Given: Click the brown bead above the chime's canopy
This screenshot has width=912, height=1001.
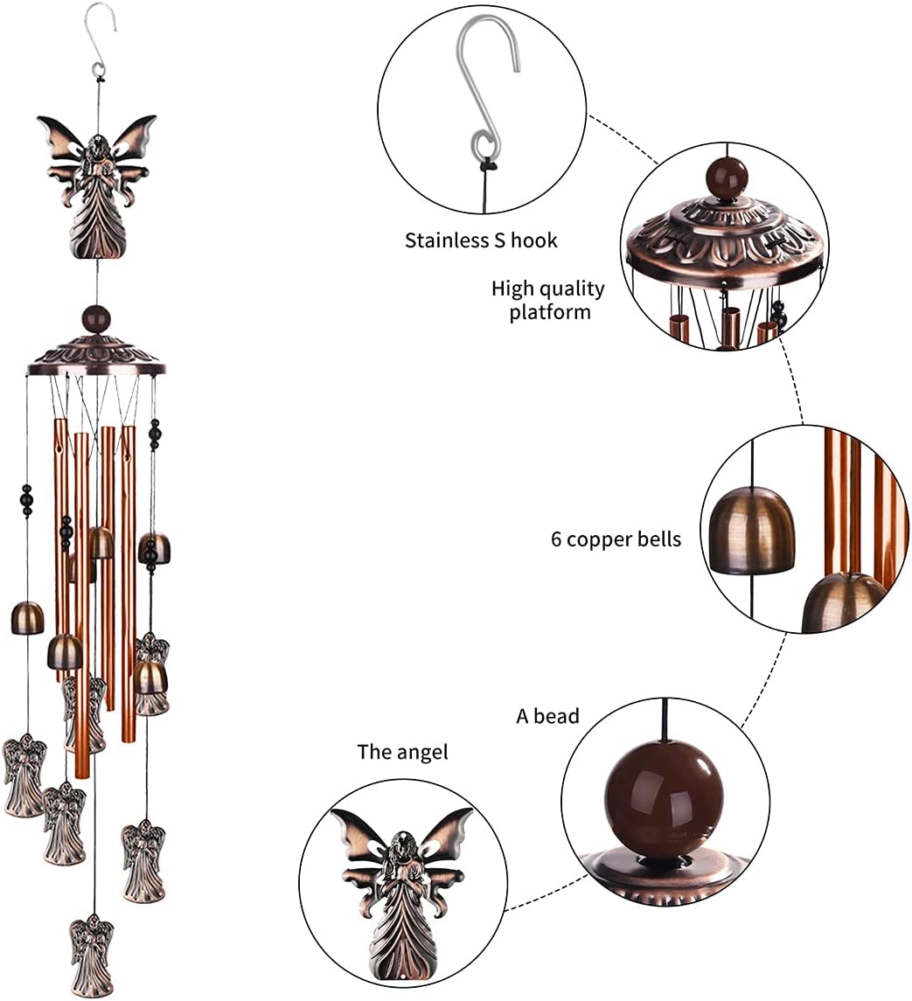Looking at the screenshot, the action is (96, 318).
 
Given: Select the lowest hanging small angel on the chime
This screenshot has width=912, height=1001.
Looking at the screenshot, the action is (92, 954).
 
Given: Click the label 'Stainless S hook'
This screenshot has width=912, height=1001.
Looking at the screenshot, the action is (480, 240).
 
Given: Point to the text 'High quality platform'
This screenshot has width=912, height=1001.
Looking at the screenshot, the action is (548, 300).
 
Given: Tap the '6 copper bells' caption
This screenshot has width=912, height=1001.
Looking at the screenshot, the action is (615, 539).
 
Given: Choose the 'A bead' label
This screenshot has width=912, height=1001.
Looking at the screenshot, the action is (547, 717).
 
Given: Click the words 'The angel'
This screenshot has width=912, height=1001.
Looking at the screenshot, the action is (402, 752).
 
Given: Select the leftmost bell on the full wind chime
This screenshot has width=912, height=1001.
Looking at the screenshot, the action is (27, 618).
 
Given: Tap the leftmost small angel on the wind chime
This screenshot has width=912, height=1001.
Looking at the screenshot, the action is (24, 775).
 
